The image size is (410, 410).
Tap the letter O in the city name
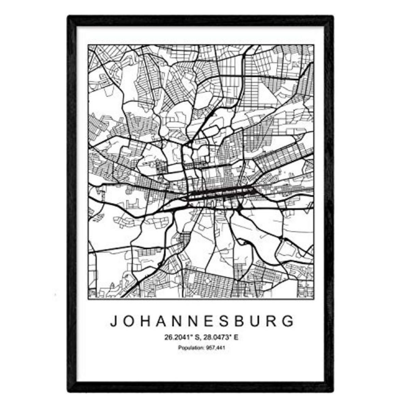tap(130, 321)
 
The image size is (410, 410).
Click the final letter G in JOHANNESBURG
tap(289, 321)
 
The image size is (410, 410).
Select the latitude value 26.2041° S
tap(181, 338)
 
